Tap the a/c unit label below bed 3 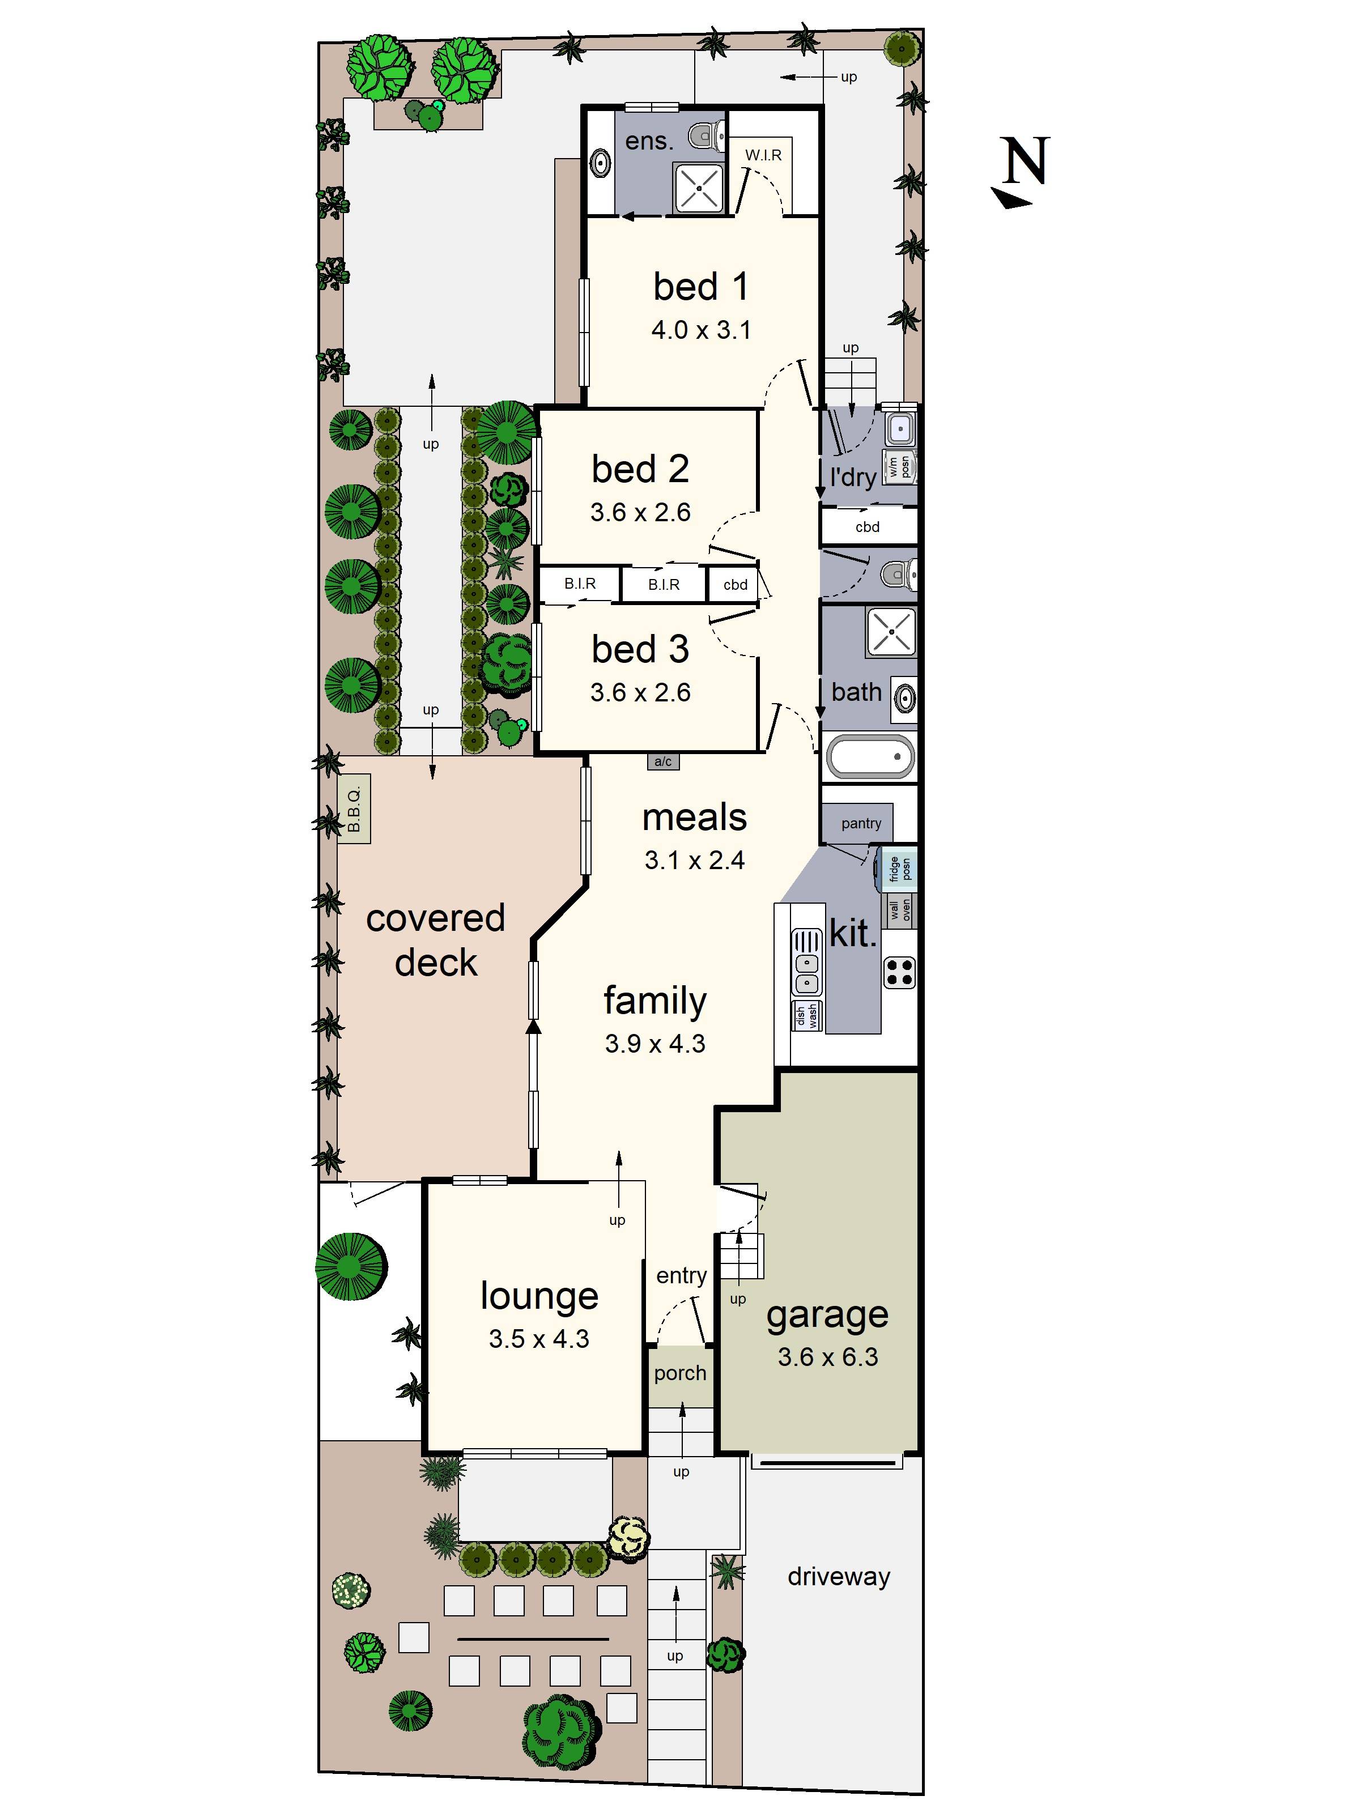(663, 761)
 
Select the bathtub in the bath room (870, 756)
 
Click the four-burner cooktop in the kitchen (899, 972)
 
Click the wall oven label (899, 910)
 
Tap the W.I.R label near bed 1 (763, 155)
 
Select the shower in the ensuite (699, 188)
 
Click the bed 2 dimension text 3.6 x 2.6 (640, 512)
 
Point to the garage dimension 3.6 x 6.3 (828, 1356)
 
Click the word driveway (839, 1576)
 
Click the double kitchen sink (807, 962)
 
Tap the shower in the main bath (891, 632)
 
